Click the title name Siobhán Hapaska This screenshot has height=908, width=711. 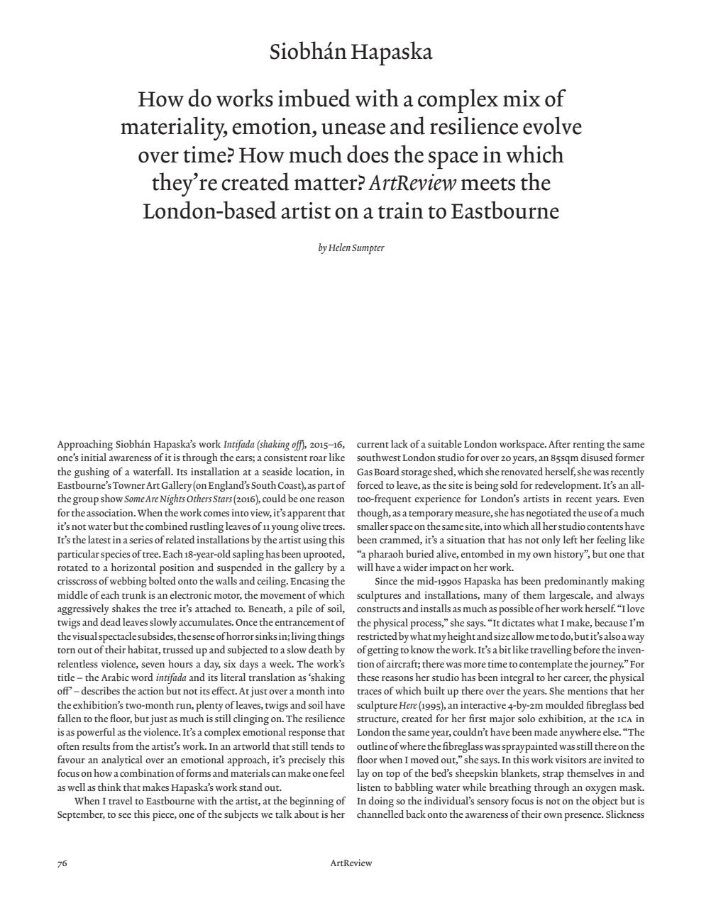[351, 52]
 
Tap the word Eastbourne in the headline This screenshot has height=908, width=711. [505, 211]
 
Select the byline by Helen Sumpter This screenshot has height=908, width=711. [351, 248]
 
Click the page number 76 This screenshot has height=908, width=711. [62, 863]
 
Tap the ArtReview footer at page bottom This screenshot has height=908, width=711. [351, 863]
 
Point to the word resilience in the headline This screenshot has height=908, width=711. [473, 127]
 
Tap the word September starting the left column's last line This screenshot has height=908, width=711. [79, 814]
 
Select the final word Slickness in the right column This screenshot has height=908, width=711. [624, 814]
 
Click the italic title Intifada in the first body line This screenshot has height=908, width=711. [238, 445]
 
